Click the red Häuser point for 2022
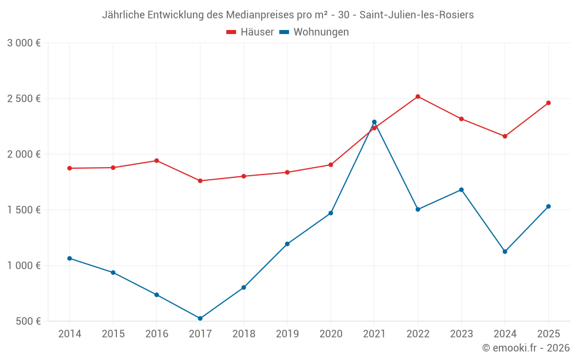point(418,97)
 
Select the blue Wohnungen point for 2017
point(200,319)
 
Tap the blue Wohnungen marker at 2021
point(374,122)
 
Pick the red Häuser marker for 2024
point(505,137)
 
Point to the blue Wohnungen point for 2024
point(505,252)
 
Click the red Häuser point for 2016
point(157,161)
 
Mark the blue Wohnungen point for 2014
point(70,259)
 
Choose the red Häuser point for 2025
point(548,103)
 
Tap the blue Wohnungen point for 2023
point(461,190)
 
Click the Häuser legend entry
point(250,32)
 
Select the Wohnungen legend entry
point(314,32)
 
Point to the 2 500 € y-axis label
point(24,98)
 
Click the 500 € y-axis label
point(28,321)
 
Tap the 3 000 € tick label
point(24,43)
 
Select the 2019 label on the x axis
point(287,334)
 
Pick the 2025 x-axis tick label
point(548,334)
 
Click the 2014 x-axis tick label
point(70,334)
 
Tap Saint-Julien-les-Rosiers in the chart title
point(416,15)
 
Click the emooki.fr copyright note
point(525,348)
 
